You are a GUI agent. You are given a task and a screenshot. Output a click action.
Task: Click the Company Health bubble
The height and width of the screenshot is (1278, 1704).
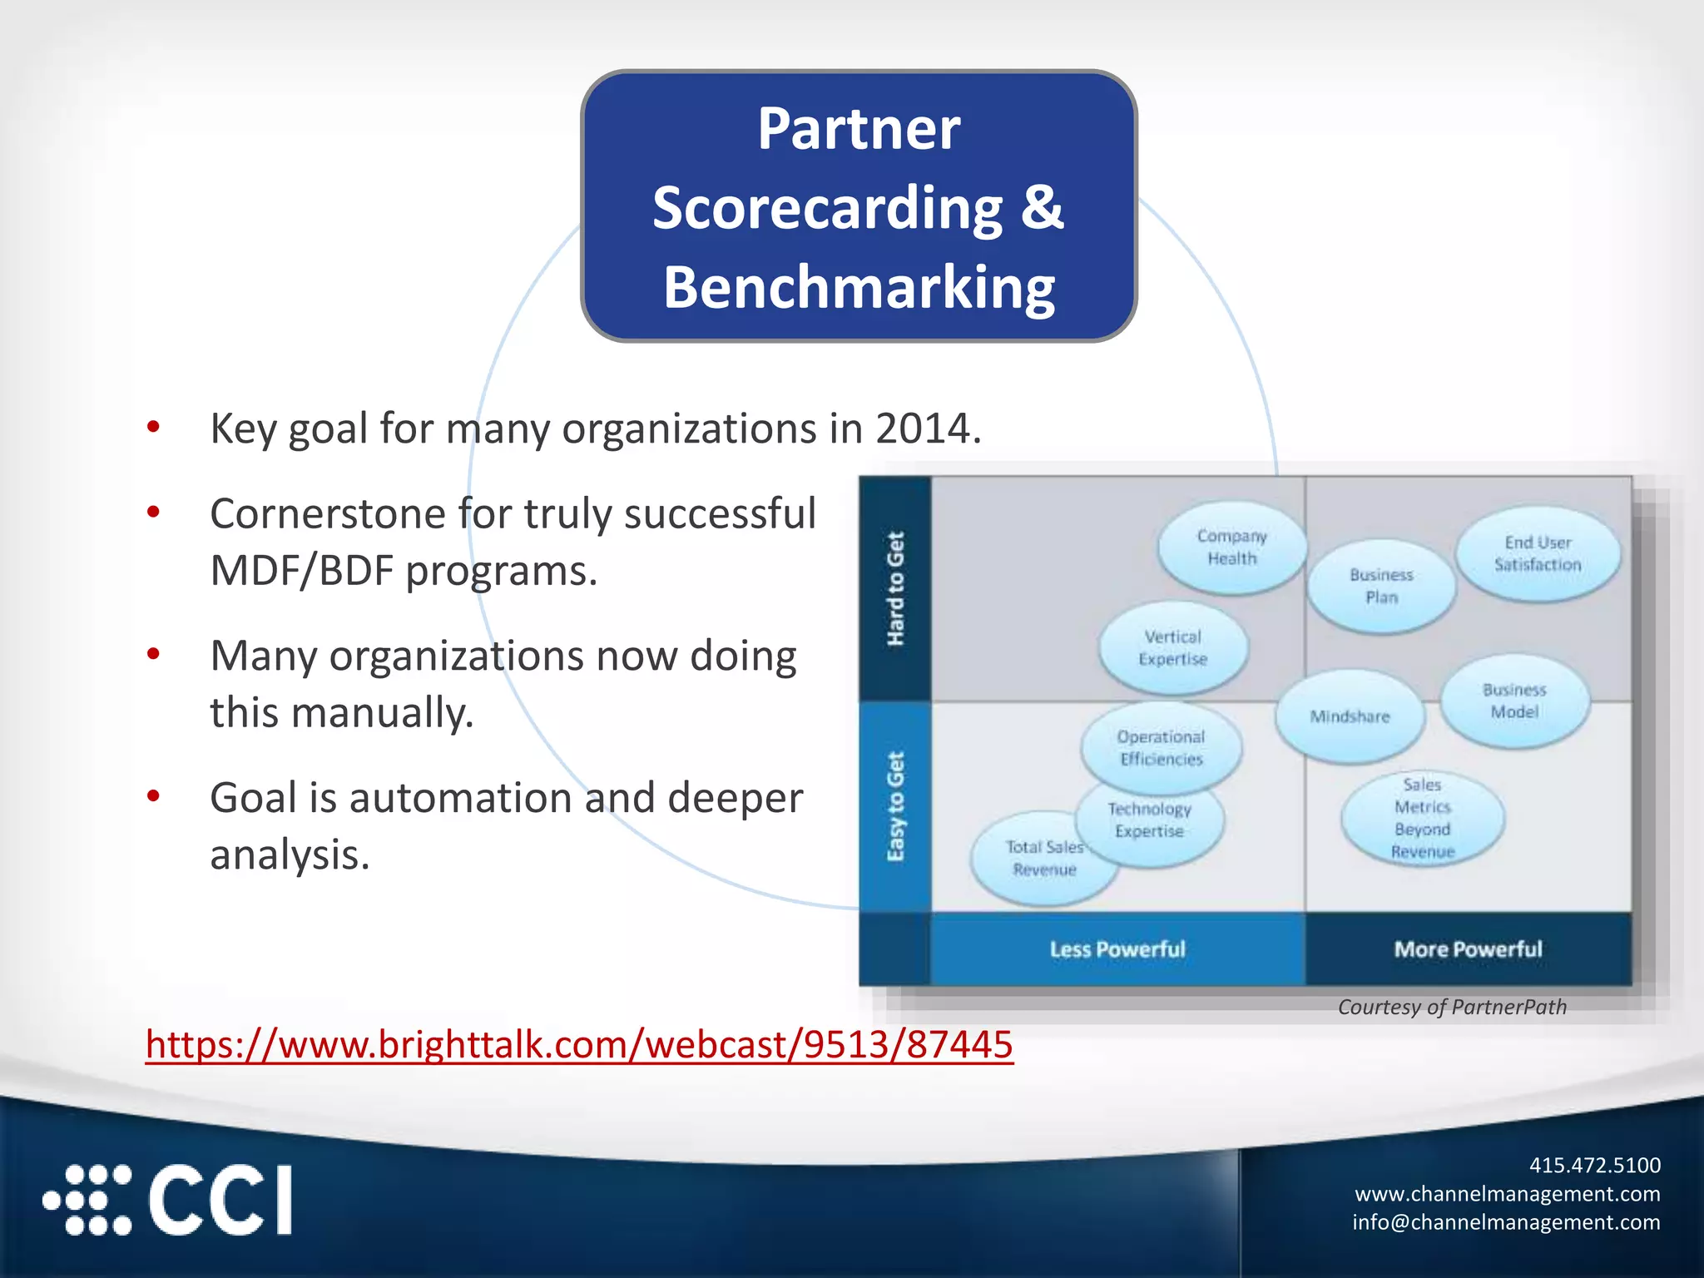pyautogui.click(x=1231, y=547)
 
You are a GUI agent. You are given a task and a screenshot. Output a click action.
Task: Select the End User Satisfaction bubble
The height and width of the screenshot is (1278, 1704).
pyautogui.click(x=1537, y=553)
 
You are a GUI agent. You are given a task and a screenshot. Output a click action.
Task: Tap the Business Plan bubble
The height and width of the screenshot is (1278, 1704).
pyautogui.click(x=1381, y=587)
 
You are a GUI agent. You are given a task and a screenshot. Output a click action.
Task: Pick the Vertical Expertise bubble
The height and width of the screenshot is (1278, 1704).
pyautogui.click(x=1172, y=648)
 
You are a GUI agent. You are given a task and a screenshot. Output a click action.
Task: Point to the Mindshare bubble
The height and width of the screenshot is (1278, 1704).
pyautogui.click(x=1350, y=716)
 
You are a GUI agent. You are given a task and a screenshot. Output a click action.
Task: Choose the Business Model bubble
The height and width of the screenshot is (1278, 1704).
pyautogui.click(x=1514, y=701)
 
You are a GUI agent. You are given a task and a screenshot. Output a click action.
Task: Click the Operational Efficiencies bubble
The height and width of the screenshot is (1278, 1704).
pyautogui.click(x=1161, y=748)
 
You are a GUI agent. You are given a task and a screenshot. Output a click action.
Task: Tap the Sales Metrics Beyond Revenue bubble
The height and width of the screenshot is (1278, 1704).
pyautogui.click(x=1422, y=819)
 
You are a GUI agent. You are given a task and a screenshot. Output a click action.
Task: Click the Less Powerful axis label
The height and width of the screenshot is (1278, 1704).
pyautogui.click(x=1117, y=949)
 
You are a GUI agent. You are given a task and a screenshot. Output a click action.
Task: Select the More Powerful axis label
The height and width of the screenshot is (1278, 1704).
pyautogui.click(x=1468, y=949)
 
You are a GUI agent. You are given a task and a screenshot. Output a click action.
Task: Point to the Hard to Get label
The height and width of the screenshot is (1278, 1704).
pyautogui.click(x=895, y=588)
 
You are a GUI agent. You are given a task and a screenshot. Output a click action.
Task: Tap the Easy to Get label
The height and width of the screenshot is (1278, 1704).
pyautogui.click(x=895, y=806)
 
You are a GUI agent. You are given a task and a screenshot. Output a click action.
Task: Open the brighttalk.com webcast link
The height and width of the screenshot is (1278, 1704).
pyautogui.click(x=579, y=1044)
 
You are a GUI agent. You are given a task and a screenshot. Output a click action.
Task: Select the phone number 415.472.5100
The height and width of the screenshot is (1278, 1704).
pyautogui.click(x=1594, y=1165)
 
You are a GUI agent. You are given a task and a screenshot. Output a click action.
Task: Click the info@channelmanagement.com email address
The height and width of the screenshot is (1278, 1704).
pyautogui.click(x=1505, y=1222)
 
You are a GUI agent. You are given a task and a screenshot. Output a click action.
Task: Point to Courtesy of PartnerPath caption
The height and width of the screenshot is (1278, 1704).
pyautogui.click(x=1452, y=1008)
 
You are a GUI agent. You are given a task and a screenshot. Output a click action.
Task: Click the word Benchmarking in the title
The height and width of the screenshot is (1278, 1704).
pyautogui.click(x=859, y=287)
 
